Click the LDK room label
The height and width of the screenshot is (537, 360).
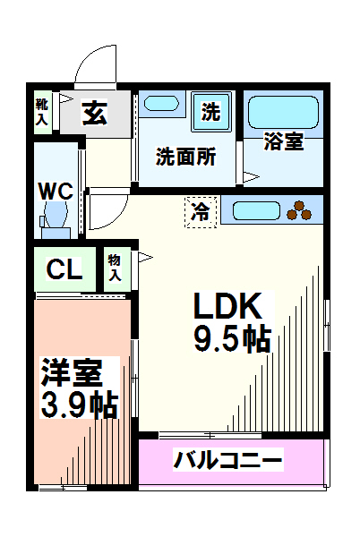228,307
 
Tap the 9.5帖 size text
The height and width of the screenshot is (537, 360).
232,339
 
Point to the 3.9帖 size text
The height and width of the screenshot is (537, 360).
80,405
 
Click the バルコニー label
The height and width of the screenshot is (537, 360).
228,462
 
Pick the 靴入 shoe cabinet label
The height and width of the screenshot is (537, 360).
41,115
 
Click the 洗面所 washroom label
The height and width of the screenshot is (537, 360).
185,157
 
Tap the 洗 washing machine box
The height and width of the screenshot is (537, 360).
210,113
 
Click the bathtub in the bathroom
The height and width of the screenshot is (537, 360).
282,112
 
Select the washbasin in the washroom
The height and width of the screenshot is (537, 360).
162,104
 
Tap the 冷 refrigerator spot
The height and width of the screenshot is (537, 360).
201,212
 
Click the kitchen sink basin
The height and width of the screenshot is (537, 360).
256,212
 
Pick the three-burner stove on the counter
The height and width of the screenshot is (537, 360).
303,212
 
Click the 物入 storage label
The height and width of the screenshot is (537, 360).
116,266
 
